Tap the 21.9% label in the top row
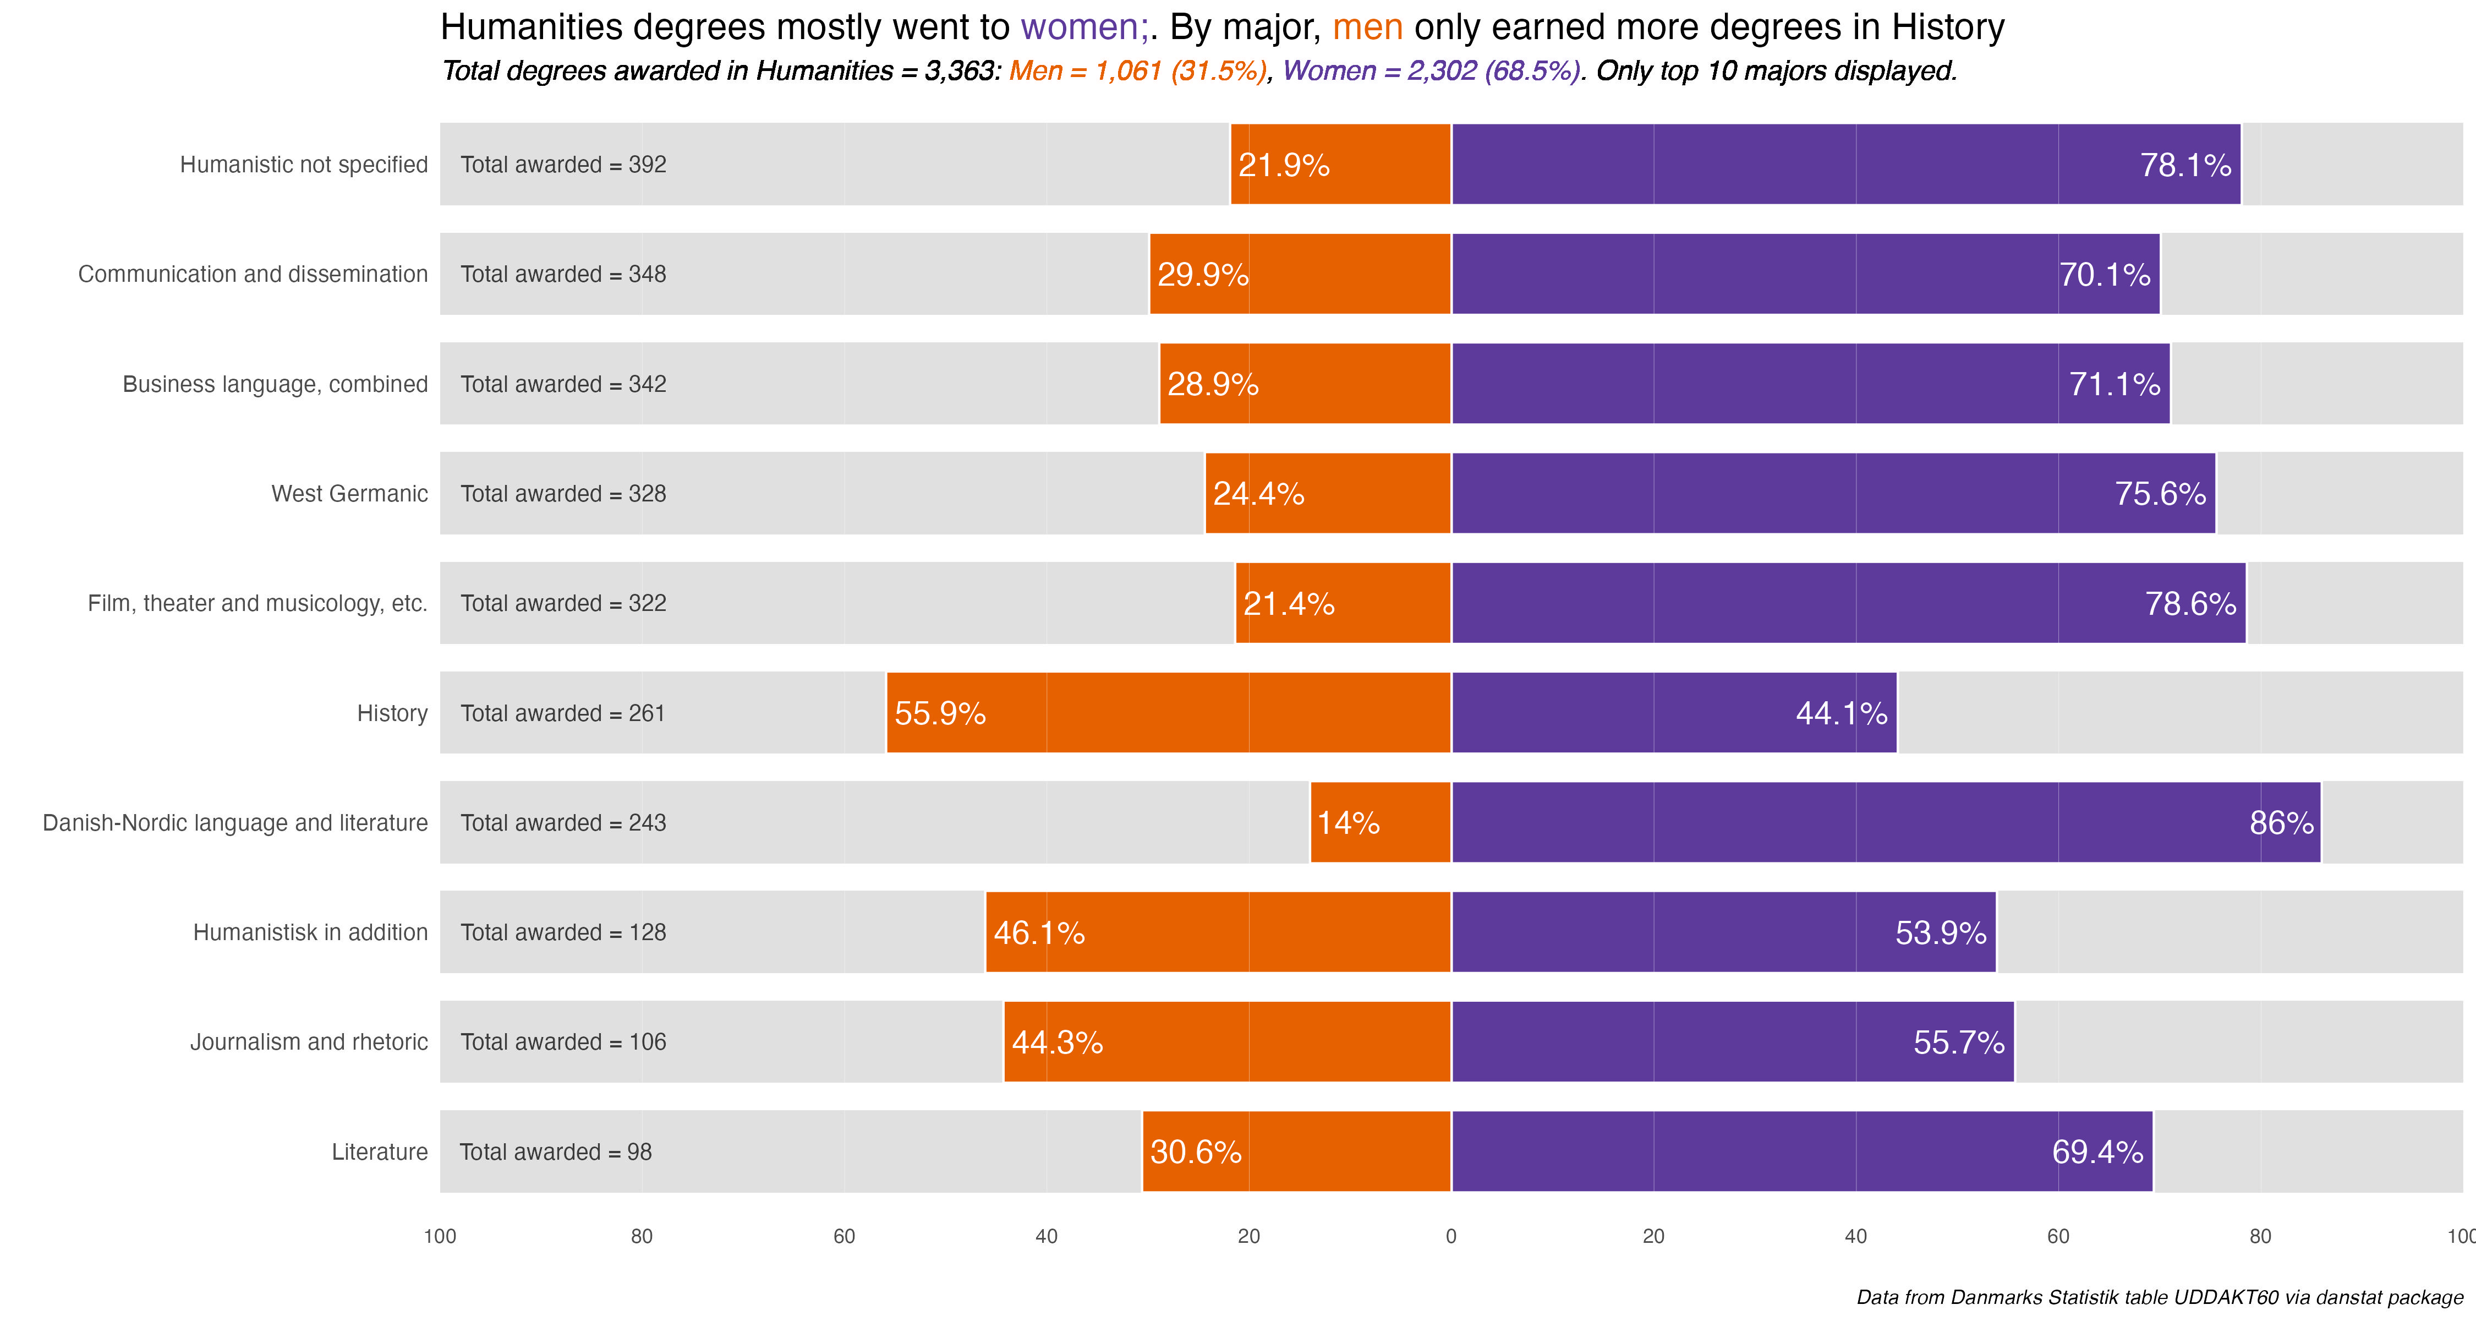coord(1283,165)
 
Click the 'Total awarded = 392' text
coord(563,165)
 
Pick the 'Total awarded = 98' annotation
coord(556,1152)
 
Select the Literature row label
coord(380,1152)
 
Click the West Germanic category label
coord(350,493)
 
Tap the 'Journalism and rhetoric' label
coord(309,1042)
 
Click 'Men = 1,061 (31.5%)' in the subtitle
coord(1138,71)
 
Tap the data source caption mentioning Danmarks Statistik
coord(2160,1297)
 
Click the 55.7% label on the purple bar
coord(1958,1042)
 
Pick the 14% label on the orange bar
coord(1347,823)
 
